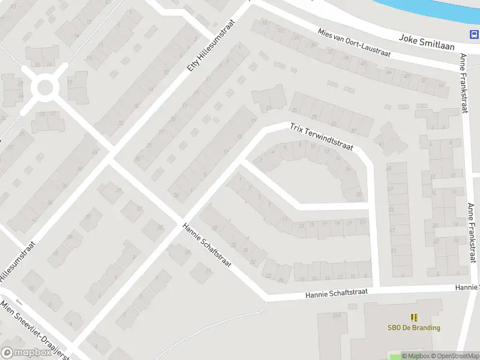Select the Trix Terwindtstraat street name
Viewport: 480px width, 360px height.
(322, 137)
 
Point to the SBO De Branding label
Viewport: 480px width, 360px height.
(413, 328)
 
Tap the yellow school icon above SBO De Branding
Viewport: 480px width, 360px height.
(413, 317)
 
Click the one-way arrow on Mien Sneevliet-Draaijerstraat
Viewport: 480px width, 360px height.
(18, 302)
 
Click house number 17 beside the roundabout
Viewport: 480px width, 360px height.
(70, 82)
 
